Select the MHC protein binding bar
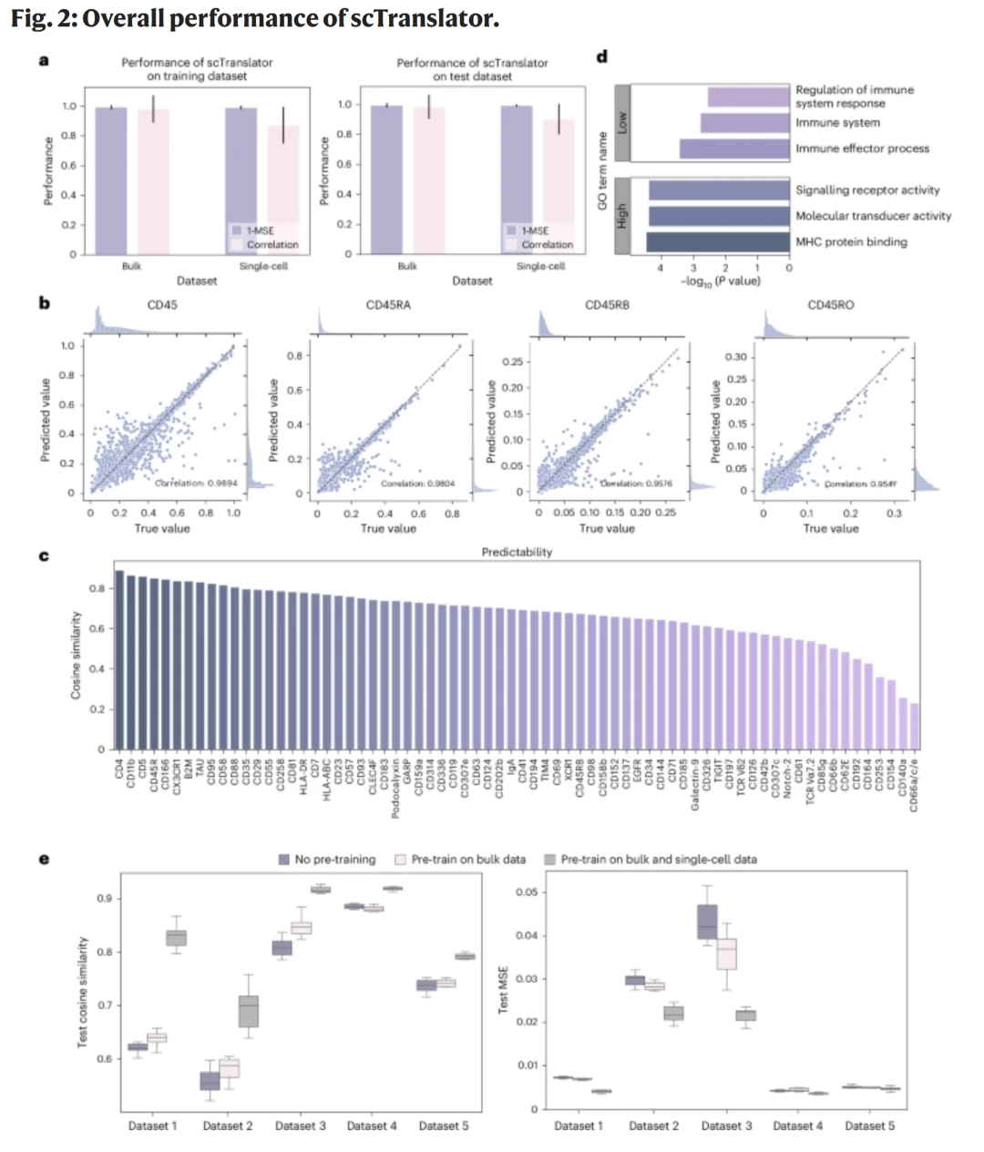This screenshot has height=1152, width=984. [718, 242]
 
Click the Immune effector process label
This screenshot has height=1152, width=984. [862, 148]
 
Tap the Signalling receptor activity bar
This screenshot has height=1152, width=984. [718, 190]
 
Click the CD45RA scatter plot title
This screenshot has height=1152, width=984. [388, 305]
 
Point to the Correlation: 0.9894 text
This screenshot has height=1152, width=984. [196, 483]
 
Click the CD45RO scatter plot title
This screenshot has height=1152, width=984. [830, 305]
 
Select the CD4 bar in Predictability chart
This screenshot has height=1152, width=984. [119, 659]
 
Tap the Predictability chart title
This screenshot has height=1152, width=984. [517, 552]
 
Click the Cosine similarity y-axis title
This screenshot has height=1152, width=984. [77, 655]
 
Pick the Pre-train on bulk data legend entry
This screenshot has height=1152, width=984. [460, 860]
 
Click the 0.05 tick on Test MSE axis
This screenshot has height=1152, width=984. [526, 892]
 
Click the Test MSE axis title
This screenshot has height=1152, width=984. [503, 990]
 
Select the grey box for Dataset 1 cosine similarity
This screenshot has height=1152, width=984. [176, 938]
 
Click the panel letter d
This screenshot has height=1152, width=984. [601, 57]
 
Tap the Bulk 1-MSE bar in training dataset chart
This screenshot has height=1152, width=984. [111, 180]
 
